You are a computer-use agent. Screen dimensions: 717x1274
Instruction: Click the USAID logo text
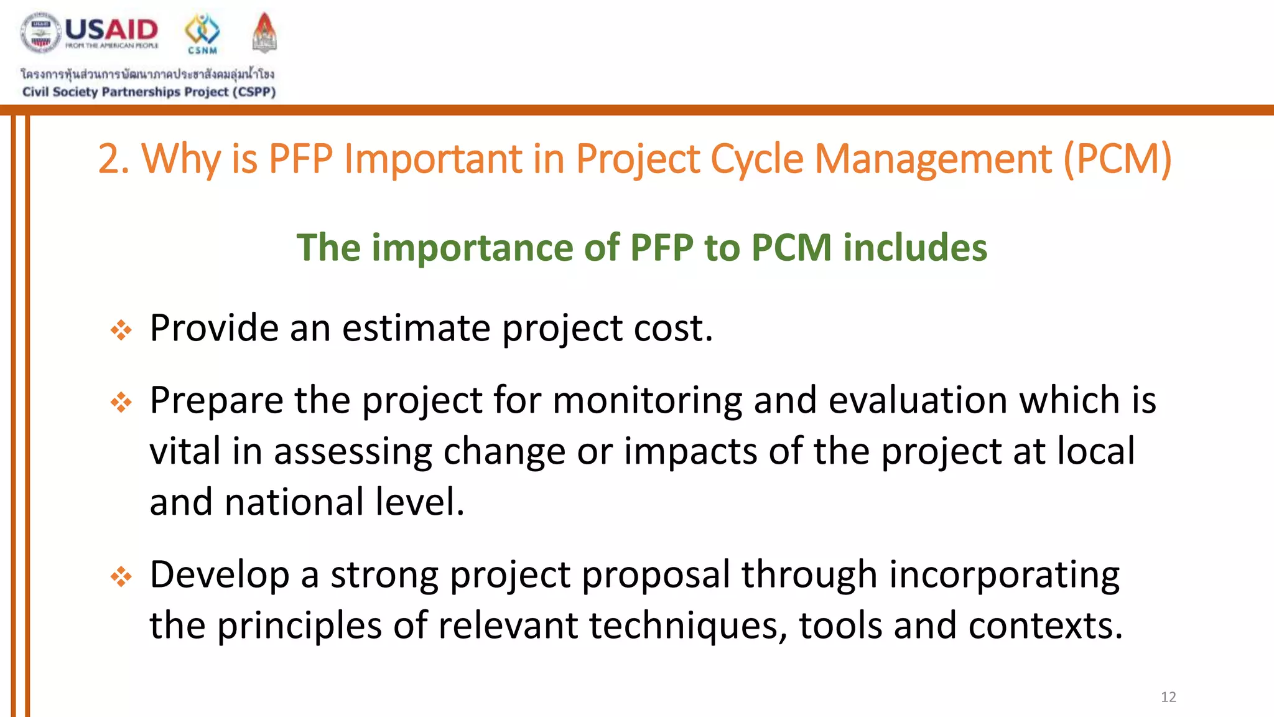pyautogui.click(x=111, y=30)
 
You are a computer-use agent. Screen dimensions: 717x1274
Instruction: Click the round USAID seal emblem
pyautogui.click(x=41, y=33)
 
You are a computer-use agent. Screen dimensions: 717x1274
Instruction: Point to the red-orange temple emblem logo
pyautogui.click(x=264, y=32)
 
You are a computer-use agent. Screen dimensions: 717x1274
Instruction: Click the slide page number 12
pyautogui.click(x=1168, y=697)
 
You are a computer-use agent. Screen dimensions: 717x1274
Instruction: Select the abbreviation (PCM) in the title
pyautogui.click(x=1117, y=159)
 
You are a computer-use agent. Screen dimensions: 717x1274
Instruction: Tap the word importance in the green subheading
pyautogui.click(x=472, y=248)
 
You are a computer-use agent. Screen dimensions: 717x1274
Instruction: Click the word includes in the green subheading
pyautogui.click(x=914, y=248)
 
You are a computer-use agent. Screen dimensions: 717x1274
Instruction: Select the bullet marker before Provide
pyautogui.click(x=121, y=330)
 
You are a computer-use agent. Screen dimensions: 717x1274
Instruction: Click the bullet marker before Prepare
pyautogui.click(x=121, y=402)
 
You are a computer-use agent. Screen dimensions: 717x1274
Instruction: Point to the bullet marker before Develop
pyautogui.click(x=121, y=576)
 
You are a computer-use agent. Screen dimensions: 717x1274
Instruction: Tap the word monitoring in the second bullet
pyautogui.click(x=647, y=400)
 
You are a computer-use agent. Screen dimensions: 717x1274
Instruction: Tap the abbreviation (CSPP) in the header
pyautogui.click(x=254, y=92)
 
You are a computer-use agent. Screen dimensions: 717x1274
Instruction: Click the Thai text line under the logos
pyautogui.click(x=147, y=75)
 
